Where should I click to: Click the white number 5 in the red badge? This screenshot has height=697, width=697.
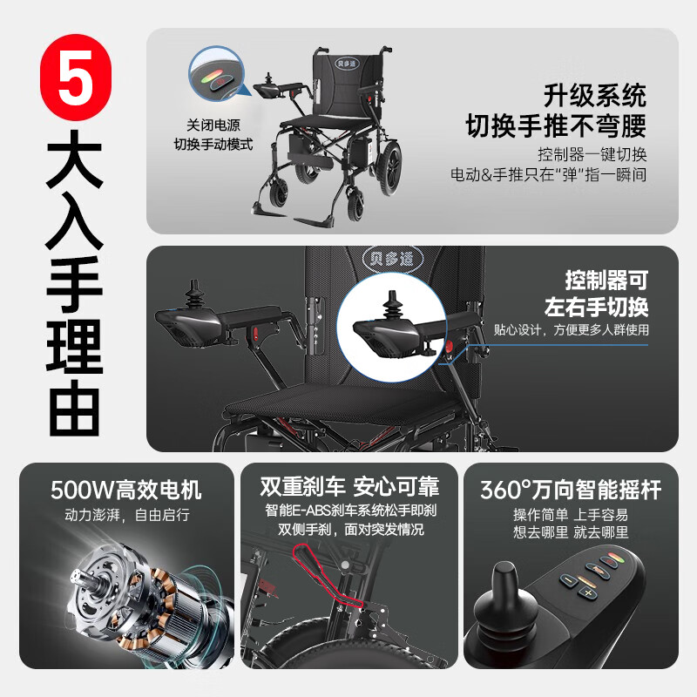[x=76, y=77]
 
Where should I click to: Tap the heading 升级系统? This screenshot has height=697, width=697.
[x=595, y=96]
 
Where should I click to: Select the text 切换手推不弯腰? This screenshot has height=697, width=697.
[x=556, y=125]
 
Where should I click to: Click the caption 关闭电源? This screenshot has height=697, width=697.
[x=213, y=125]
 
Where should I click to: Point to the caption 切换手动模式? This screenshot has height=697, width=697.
[x=213, y=144]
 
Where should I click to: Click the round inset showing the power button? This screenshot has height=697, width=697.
[x=216, y=74]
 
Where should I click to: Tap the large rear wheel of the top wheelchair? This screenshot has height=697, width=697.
[x=389, y=166]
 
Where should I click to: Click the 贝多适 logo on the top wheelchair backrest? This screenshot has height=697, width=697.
[x=347, y=63]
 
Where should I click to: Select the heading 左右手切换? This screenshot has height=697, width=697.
[x=596, y=307]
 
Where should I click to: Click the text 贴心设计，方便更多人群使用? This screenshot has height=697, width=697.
[x=572, y=330]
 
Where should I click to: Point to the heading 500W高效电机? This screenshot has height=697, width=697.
[x=125, y=490]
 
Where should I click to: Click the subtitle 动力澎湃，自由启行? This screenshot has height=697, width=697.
[x=127, y=515]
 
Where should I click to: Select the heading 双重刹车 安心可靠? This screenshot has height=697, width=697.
[x=349, y=486]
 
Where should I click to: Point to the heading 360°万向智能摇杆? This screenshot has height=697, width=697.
[x=571, y=490]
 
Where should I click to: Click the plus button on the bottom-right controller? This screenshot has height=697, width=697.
[x=587, y=593]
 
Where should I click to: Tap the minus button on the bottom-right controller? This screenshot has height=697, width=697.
[x=569, y=580]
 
